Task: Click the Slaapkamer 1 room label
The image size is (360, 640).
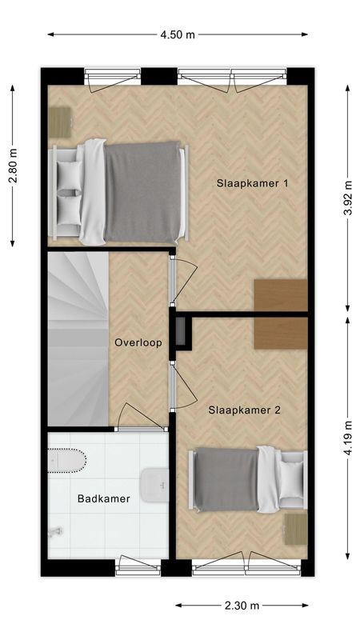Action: (252, 183)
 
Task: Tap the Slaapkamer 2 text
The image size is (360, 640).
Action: (244, 410)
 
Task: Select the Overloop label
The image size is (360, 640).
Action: (138, 342)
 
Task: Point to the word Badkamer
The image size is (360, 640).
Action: (103, 498)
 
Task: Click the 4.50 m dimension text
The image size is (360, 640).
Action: (177, 34)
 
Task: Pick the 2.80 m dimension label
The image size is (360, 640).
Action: (13, 166)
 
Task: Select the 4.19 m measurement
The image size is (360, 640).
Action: (348, 438)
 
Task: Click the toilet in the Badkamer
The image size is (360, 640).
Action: (67, 462)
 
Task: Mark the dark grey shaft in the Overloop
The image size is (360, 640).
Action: (182, 333)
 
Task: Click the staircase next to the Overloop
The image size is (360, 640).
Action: (76, 338)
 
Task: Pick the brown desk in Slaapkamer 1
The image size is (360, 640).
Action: (281, 295)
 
